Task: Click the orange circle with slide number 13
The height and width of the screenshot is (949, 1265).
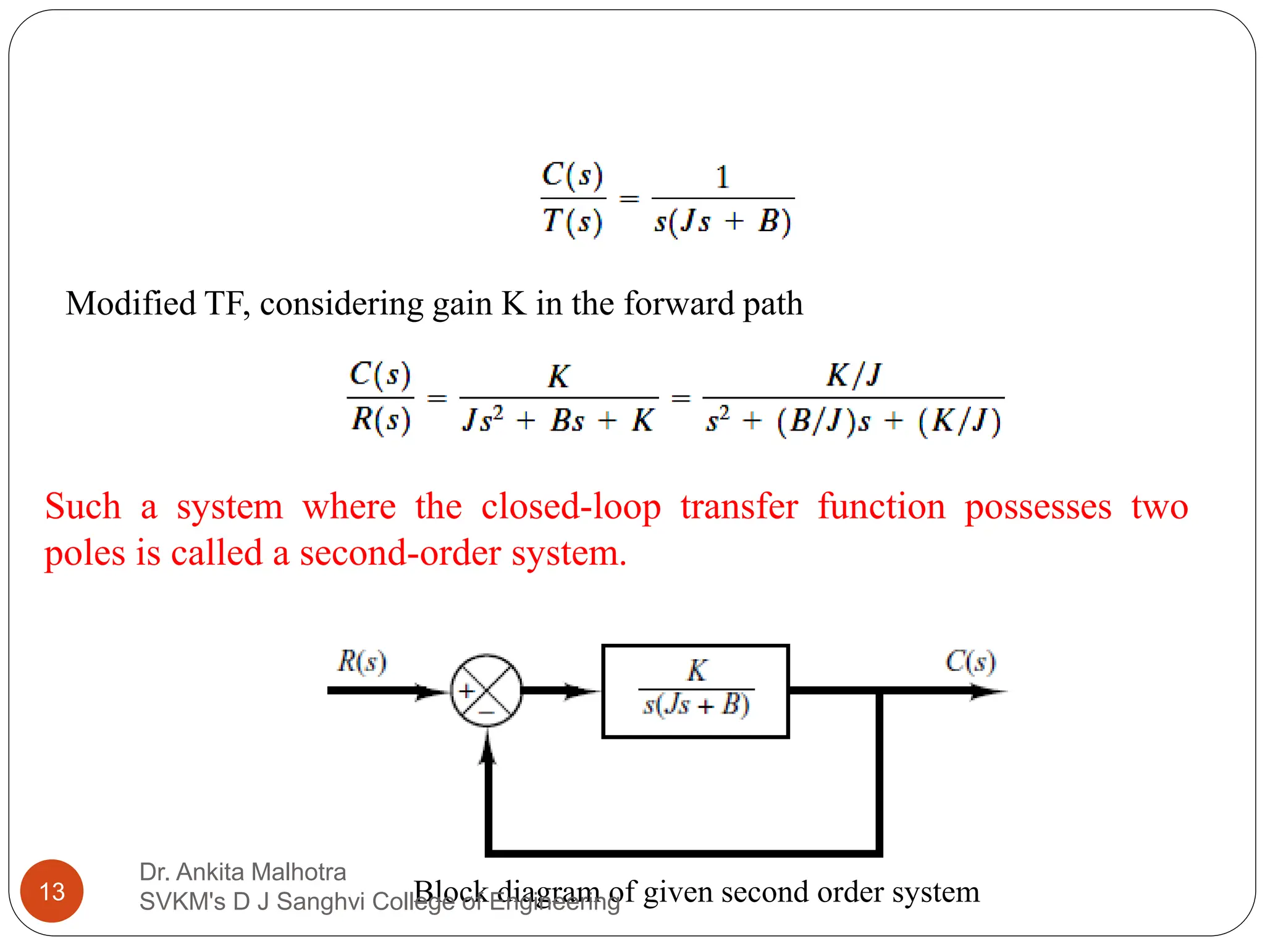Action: tap(52, 891)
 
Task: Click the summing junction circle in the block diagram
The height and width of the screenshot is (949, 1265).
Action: tap(487, 690)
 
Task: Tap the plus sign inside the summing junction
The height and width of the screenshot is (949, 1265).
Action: tap(467, 690)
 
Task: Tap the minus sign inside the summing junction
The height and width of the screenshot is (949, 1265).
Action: tap(487, 713)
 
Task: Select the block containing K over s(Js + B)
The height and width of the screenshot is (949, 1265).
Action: tap(696, 691)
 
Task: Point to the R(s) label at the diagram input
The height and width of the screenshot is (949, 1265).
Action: tap(362, 661)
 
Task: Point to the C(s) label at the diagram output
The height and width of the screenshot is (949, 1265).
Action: tap(970, 661)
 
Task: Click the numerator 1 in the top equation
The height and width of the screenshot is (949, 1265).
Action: tap(723, 177)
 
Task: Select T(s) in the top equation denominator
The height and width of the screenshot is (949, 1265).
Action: tap(572, 221)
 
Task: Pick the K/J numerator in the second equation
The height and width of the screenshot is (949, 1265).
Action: tap(854, 374)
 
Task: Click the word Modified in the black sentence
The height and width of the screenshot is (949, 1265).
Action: tap(130, 304)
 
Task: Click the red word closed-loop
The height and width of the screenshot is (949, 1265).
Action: tap(571, 508)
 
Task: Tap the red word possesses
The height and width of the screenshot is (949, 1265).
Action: tap(1038, 508)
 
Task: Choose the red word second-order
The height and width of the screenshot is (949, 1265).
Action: tap(400, 553)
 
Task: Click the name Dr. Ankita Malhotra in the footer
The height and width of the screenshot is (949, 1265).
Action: tap(243, 872)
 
